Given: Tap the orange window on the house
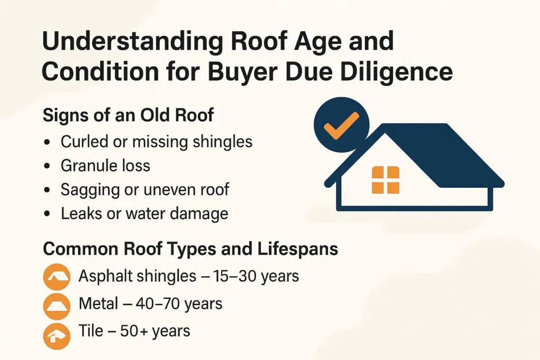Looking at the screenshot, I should [x=385, y=179].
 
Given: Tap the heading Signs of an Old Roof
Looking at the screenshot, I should [x=128, y=115].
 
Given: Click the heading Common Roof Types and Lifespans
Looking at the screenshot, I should [x=190, y=249].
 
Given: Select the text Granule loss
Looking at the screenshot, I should [x=105, y=166].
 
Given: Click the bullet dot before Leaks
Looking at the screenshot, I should [x=49, y=214].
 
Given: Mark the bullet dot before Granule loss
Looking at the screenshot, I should [x=49, y=166].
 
